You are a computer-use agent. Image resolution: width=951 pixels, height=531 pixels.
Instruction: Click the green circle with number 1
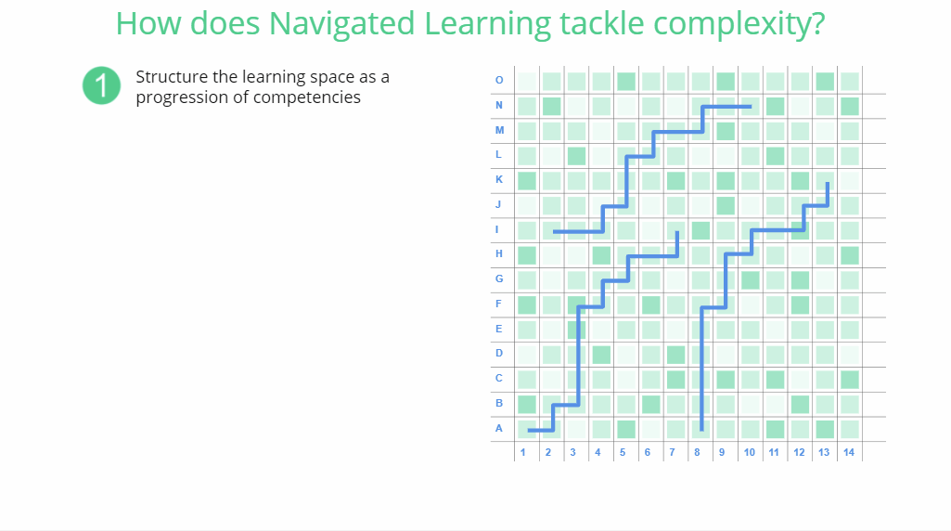click(x=101, y=85)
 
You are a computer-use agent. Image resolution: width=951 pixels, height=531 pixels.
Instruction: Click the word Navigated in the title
click(x=341, y=23)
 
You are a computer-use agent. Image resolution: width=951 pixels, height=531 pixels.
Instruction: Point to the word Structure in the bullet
click(x=172, y=77)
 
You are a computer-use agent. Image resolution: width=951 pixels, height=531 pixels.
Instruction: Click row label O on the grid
click(x=499, y=80)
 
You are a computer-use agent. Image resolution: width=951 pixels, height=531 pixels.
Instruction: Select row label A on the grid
click(x=498, y=429)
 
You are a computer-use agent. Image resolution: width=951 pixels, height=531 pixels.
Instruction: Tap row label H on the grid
click(x=498, y=253)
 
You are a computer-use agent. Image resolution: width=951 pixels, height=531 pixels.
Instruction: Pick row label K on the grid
click(x=498, y=179)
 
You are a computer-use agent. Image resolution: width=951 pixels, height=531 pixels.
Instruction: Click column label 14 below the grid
click(x=849, y=452)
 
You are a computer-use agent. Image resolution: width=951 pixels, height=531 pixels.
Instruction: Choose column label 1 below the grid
click(x=522, y=452)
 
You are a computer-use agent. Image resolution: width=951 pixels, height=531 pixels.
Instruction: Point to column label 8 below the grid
click(x=697, y=452)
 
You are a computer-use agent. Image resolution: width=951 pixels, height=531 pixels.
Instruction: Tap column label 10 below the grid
click(x=749, y=452)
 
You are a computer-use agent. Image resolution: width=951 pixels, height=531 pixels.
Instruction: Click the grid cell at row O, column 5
click(x=626, y=82)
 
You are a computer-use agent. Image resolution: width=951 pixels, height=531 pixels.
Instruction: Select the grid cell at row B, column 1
click(x=526, y=405)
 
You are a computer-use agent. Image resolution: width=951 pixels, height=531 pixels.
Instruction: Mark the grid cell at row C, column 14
click(x=850, y=380)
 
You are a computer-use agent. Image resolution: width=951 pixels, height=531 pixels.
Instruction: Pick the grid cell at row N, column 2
click(x=551, y=107)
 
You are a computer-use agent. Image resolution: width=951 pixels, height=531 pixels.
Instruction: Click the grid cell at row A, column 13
click(x=825, y=430)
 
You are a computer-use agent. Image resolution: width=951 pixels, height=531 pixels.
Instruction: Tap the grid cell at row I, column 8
click(x=700, y=230)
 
